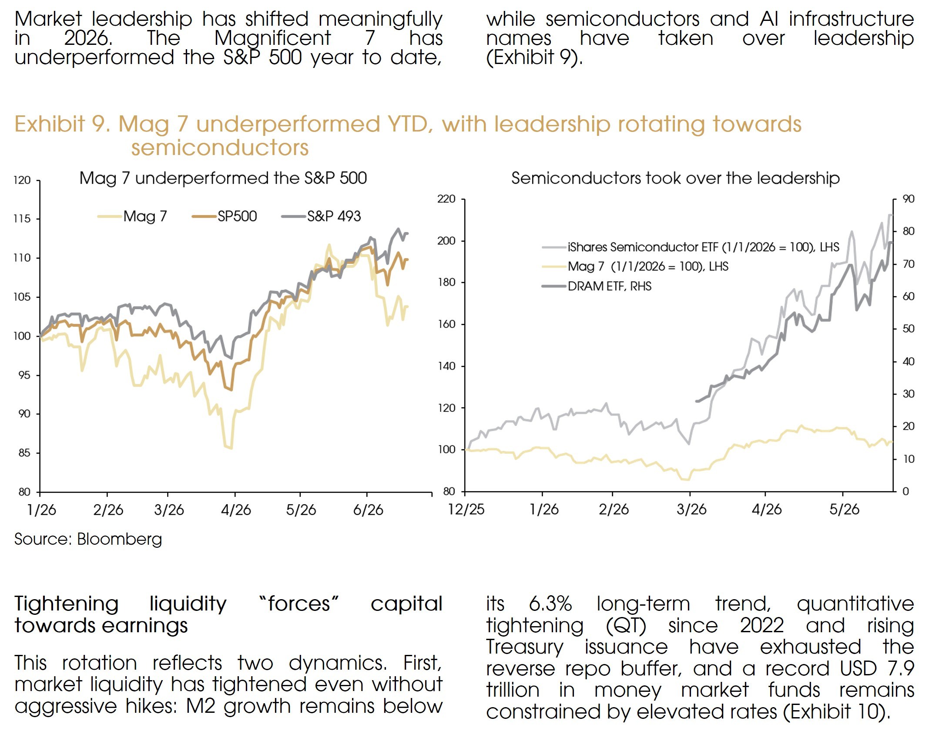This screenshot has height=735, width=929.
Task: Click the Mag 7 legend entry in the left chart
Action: click(132, 216)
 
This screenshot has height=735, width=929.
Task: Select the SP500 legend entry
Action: click(224, 216)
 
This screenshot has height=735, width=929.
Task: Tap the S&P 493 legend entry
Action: click(321, 216)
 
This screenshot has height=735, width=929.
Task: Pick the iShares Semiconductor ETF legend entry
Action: click(691, 247)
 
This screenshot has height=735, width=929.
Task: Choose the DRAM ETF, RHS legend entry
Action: click(597, 286)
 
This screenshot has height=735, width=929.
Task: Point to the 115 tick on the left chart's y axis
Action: click(22, 219)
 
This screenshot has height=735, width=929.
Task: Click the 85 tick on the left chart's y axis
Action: click(24, 453)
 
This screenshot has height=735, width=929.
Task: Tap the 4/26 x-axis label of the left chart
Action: click(236, 509)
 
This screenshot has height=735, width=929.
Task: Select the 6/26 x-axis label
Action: click(368, 509)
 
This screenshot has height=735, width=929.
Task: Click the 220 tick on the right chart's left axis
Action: click(446, 199)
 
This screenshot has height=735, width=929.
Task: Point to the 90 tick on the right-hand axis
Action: click(909, 199)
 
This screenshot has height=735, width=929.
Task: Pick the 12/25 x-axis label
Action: click(466, 509)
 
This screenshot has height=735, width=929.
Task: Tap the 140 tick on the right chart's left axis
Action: click(446, 366)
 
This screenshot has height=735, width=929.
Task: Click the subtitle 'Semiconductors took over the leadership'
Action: click(675, 178)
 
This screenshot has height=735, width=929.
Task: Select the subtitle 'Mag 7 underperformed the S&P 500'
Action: click(223, 178)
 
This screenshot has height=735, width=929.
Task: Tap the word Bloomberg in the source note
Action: click(120, 539)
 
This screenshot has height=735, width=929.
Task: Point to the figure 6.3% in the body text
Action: click(550, 604)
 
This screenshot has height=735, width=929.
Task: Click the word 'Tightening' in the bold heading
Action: click(67, 604)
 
